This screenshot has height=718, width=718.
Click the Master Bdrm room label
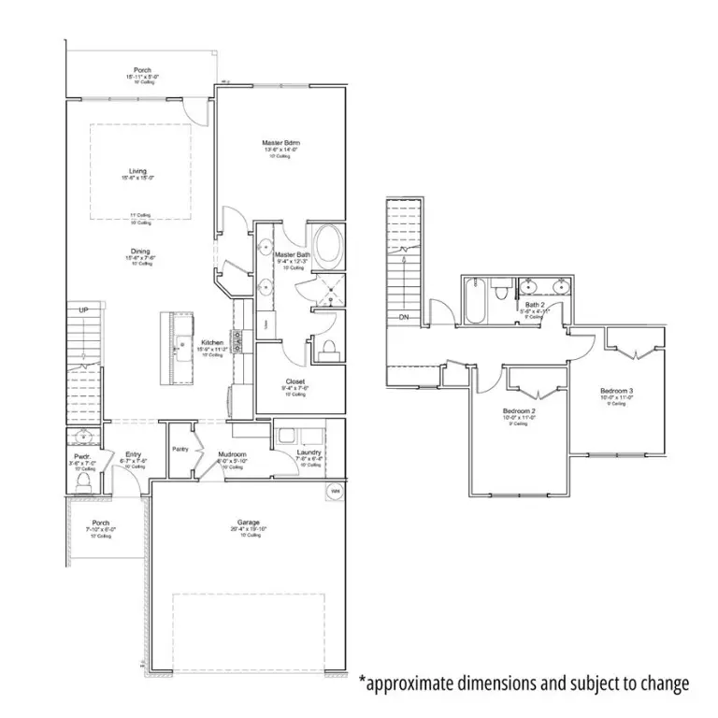[280, 142]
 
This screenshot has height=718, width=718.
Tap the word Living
[138, 171]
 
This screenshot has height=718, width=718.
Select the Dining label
[140, 251]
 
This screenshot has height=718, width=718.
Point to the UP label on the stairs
[83, 310]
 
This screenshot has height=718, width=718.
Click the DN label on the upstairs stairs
[404, 317]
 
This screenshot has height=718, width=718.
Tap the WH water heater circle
[334, 490]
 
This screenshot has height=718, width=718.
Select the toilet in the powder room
[82, 481]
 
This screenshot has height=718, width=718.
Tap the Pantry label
[180, 449]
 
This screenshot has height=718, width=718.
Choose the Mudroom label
[231, 454]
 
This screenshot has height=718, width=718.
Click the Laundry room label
[309, 452]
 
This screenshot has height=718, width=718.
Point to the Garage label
[248, 522]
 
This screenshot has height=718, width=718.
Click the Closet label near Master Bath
[295, 381]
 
